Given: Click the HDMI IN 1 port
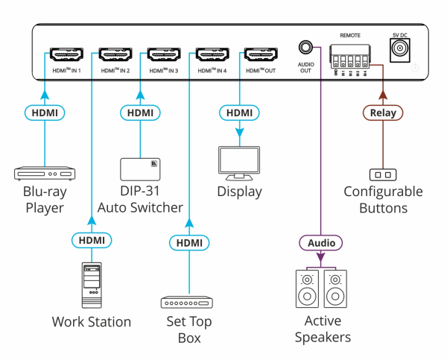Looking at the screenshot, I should tap(66, 54).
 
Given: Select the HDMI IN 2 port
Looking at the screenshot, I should tap(114, 54).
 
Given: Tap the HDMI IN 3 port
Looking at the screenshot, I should tap(163, 54).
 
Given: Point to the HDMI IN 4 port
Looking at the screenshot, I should tap(212, 54).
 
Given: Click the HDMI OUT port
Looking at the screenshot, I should tap(260, 54).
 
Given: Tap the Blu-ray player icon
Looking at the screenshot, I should tap(44, 174).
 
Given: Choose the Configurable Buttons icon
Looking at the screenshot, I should tap(383, 174).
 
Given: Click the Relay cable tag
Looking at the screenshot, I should tap(383, 113).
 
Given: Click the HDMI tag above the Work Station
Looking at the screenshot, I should tap(92, 240).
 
